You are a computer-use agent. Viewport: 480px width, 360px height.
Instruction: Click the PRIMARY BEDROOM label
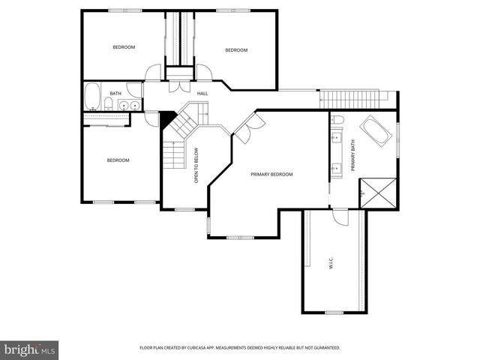[x=271, y=174]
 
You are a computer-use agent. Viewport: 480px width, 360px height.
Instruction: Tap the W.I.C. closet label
[x=331, y=263]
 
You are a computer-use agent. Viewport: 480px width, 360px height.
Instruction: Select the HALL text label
[x=202, y=93]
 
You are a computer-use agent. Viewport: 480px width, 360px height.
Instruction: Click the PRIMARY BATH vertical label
[x=353, y=155]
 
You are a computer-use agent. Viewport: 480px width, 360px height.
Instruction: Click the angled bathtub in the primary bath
[x=375, y=133]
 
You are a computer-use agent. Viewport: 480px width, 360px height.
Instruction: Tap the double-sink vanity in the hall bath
[x=129, y=105]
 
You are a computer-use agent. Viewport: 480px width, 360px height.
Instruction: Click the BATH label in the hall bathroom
[x=115, y=94]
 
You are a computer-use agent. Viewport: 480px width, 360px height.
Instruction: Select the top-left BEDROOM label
[x=124, y=47]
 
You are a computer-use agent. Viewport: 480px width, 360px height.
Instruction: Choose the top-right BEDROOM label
[x=236, y=50]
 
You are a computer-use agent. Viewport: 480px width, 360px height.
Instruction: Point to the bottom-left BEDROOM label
[x=118, y=160]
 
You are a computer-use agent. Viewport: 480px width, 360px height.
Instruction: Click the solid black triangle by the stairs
[x=167, y=119]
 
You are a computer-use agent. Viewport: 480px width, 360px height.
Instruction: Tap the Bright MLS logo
[x=29, y=349]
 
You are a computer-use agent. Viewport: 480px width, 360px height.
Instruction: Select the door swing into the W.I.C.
[x=340, y=217]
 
